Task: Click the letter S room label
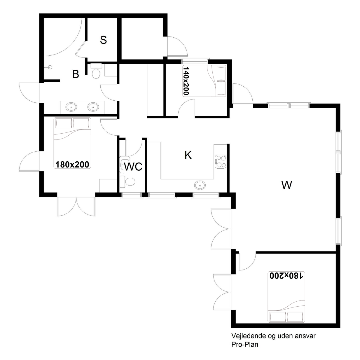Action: pyautogui.click(x=103, y=40)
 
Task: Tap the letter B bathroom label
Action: pyautogui.click(x=76, y=74)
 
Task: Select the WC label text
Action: pyautogui.click(x=133, y=167)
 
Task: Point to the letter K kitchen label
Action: pyautogui.click(x=188, y=155)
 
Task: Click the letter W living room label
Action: pyautogui.click(x=286, y=185)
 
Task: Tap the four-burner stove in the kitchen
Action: pyautogui.click(x=221, y=161)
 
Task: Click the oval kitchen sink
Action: pyautogui.click(x=200, y=186)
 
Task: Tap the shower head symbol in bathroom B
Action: pyautogui.click(x=49, y=67)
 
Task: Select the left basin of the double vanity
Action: pyautogui.click(x=71, y=107)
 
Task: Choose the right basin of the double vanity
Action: pyautogui.click(x=93, y=107)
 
